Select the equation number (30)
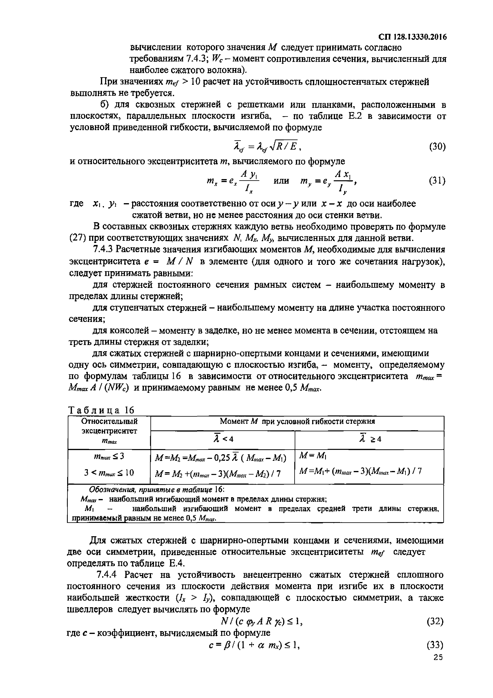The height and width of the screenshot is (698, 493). (437, 147)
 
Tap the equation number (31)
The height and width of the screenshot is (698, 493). (437, 181)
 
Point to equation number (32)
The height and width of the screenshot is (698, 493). (435, 622)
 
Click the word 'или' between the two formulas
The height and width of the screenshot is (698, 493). (281, 181)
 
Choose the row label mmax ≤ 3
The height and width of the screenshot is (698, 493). (109, 457)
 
